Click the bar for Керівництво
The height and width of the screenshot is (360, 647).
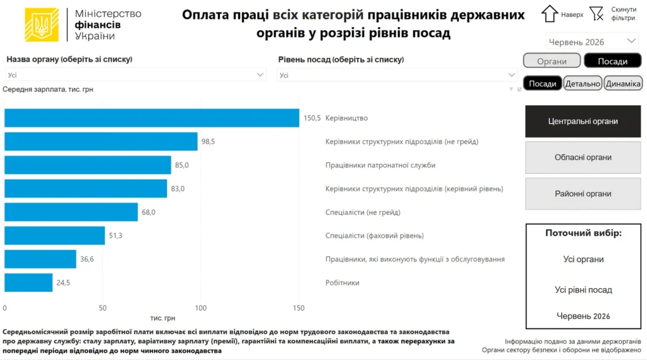point(152,118)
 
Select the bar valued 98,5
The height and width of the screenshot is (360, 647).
point(101,141)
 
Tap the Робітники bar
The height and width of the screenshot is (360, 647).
point(28,282)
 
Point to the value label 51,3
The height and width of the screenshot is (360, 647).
point(116,236)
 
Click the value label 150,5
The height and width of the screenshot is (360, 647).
point(312,118)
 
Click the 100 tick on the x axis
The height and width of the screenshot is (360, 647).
point(200,308)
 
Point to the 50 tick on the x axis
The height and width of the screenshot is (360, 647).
point(103,308)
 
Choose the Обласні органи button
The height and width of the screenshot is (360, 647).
point(583,157)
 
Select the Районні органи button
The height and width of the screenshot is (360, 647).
point(583,193)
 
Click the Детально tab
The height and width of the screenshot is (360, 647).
point(582,83)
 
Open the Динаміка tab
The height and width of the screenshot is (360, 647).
point(623,83)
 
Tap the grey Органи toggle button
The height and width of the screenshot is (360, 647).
point(552,61)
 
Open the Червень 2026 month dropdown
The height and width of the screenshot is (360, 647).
point(591,42)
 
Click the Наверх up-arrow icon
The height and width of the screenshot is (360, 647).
point(550,14)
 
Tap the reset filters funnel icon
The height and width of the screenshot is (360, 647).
point(596,14)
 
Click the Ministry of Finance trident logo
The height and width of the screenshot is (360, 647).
point(42,25)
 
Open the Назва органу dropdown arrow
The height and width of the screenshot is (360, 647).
point(260,75)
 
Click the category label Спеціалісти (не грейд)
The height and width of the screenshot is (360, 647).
point(363,212)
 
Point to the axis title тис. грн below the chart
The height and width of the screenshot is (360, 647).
point(162,318)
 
